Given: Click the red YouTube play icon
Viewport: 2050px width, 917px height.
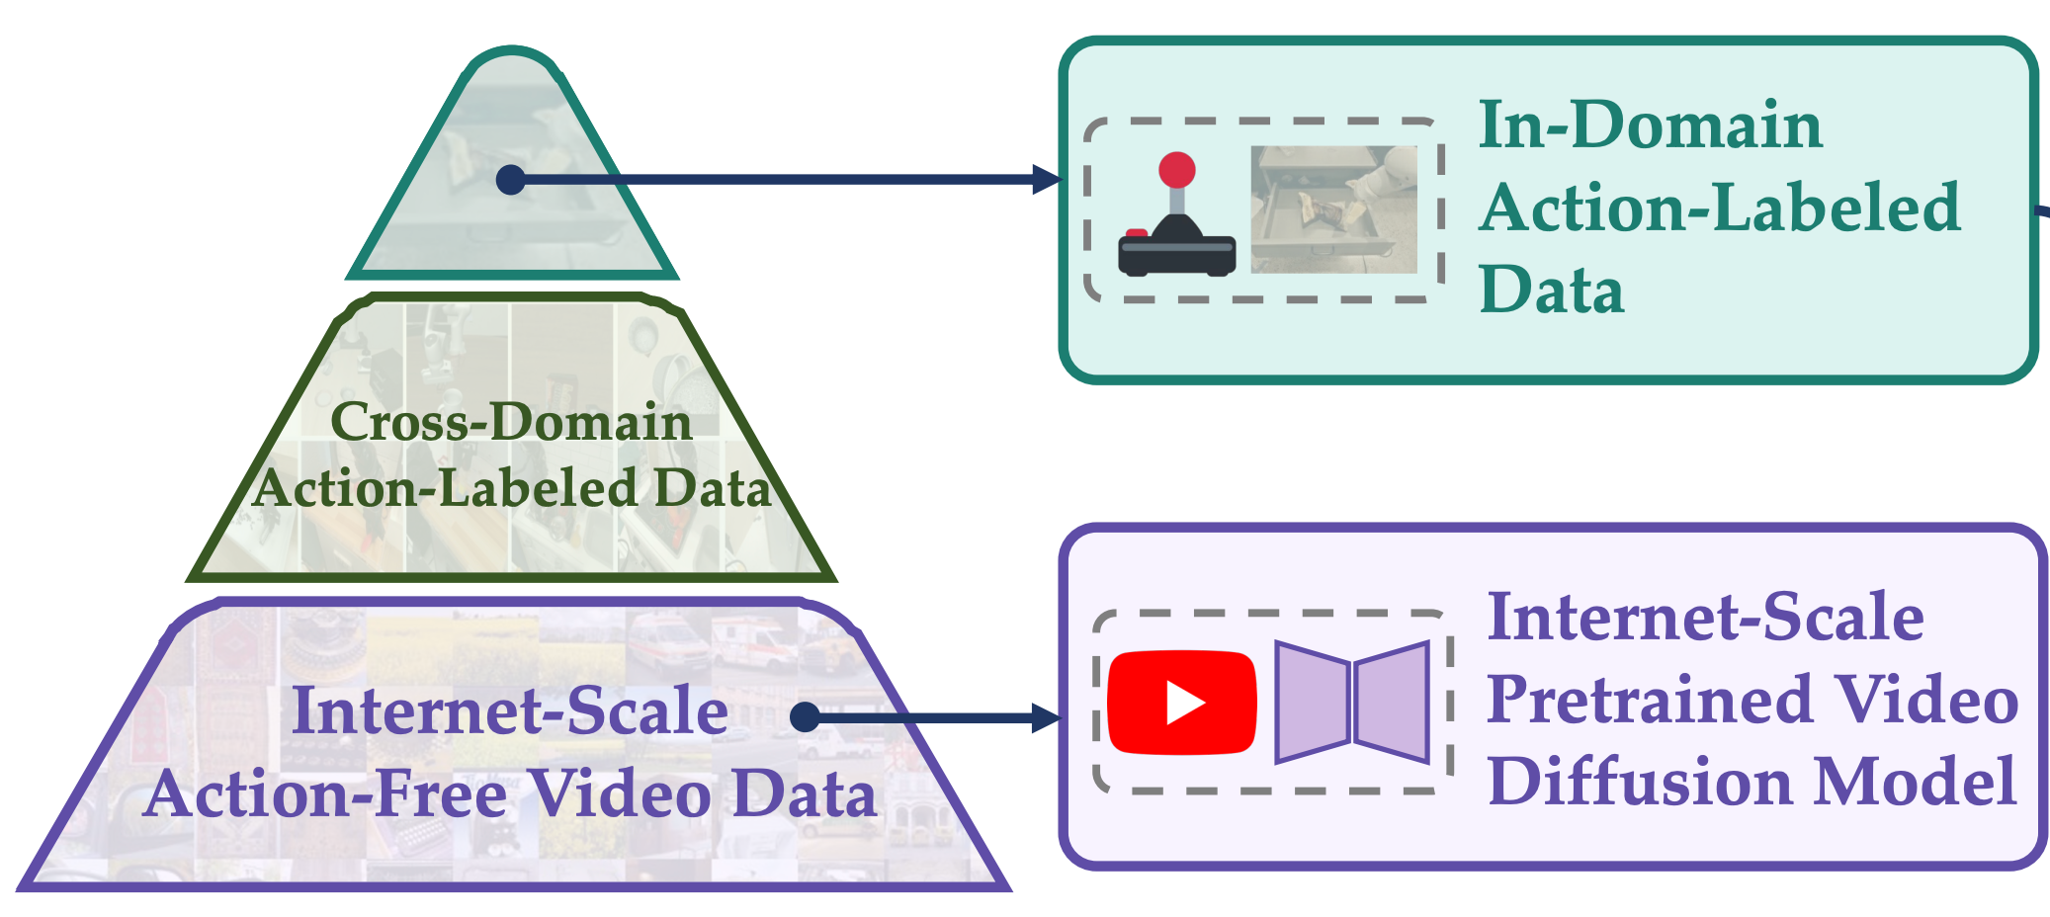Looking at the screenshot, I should (1181, 703).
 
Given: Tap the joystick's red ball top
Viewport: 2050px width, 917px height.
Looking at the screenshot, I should (1176, 170).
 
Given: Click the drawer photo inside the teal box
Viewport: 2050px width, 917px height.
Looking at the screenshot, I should (1333, 209).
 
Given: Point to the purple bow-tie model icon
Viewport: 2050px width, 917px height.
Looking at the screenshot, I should (1352, 703).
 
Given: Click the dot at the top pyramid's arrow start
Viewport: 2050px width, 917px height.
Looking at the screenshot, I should (510, 180).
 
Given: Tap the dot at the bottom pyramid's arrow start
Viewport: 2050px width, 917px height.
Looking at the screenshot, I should (806, 716).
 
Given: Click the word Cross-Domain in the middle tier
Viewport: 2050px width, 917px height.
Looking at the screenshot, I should (511, 422).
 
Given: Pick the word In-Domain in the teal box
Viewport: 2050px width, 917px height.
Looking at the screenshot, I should (1650, 125).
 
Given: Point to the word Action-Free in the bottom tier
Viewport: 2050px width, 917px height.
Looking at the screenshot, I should (326, 793).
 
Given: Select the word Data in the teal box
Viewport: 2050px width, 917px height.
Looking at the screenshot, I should (1551, 291).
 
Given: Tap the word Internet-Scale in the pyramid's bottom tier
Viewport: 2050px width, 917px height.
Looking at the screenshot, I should (510, 710).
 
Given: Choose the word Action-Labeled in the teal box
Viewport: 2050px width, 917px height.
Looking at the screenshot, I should (1720, 208).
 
